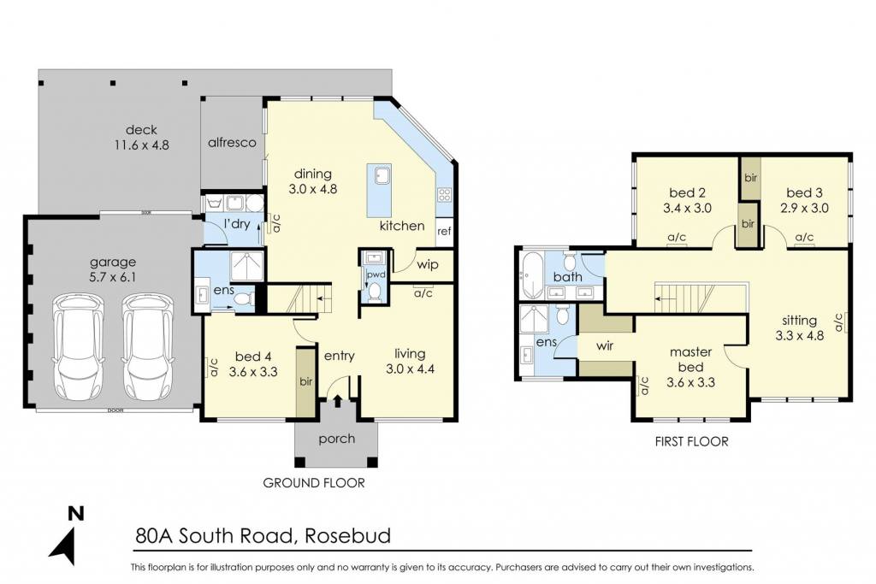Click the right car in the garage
click(x=147, y=346)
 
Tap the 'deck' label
click(x=141, y=130)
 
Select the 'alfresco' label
click(x=232, y=143)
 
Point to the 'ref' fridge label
click(x=444, y=231)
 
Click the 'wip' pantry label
click(x=428, y=265)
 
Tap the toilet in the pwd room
click(x=375, y=292)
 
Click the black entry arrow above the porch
click(x=338, y=401)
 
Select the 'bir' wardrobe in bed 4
click(x=305, y=382)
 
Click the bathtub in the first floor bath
click(x=532, y=275)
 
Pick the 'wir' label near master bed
click(x=605, y=346)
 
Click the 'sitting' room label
click(x=800, y=321)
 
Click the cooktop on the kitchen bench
click(x=445, y=195)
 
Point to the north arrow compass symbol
click(x=68, y=535)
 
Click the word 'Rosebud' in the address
click(x=348, y=536)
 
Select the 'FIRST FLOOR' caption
click(x=691, y=441)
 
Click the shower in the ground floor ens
click(x=246, y=266)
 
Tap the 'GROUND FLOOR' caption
click(x=314, y=483)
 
